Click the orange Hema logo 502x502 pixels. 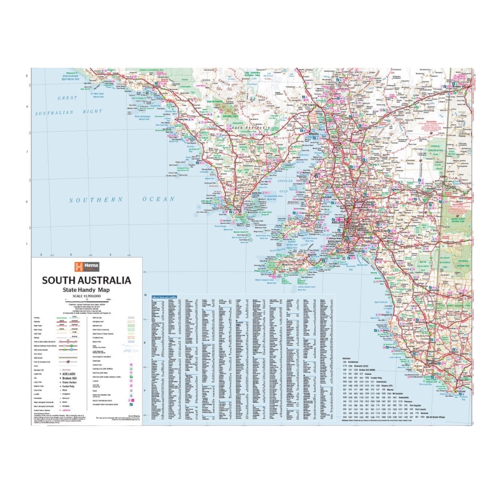tap(87, 267)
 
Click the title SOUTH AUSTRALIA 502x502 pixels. tap(87, 280)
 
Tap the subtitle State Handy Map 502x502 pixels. tap(86, 290)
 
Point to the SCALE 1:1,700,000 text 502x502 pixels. tap(86, 296)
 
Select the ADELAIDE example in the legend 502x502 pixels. tap(69, 374)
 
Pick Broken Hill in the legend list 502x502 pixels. tap(70, 378)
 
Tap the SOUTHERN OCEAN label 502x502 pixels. tap(122, 200)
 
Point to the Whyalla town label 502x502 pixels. tap(313, 134)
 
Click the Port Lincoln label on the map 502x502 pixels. tap(234, 210)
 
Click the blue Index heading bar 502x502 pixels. tap(164, 296)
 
